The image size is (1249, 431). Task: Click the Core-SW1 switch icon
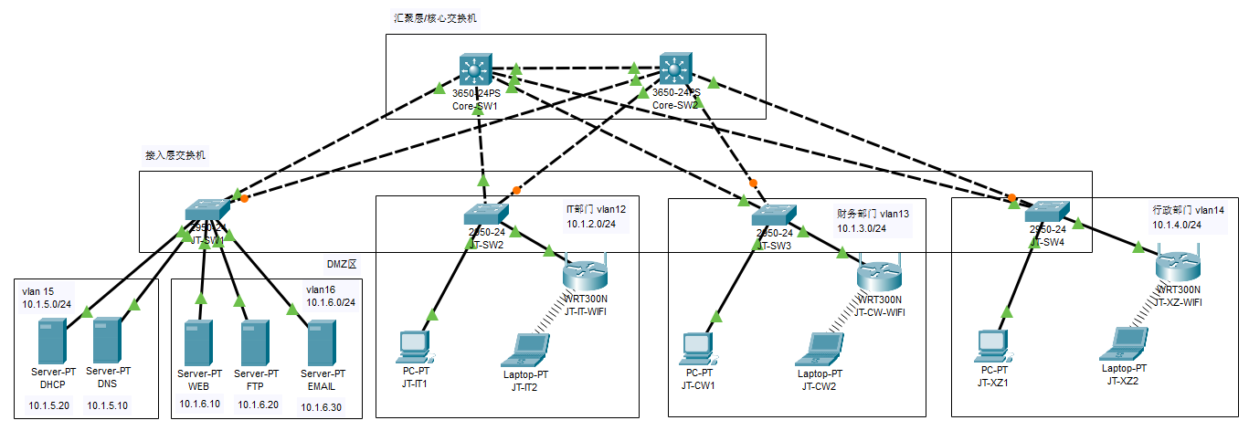475,69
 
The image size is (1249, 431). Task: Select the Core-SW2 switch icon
675,69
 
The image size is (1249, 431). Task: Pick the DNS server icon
108,340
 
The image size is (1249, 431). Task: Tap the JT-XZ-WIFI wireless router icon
1177,268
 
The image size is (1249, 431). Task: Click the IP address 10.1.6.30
321,407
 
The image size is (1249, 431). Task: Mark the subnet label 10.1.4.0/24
1176,225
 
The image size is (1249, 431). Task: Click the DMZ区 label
341,263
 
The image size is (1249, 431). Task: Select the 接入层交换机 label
175,155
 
